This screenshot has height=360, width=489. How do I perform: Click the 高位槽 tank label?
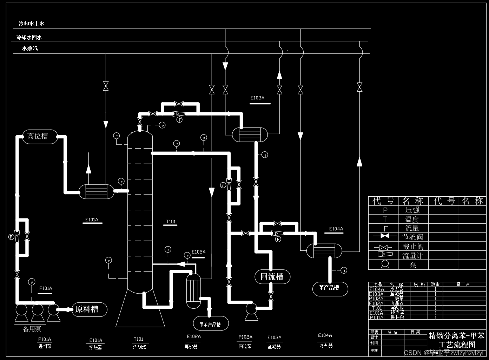[x=38, y=136]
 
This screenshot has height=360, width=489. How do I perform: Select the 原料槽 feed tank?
[x=87, y=309]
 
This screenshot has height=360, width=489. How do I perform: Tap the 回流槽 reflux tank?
[x=271, y=277]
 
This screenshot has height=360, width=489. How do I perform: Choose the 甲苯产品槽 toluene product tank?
[x=210, y=324]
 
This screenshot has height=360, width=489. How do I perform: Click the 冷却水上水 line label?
[x=31, y=24]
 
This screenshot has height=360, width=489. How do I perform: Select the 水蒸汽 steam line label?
[x=30, y=48]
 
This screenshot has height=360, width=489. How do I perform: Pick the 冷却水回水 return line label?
[x=29, y=37]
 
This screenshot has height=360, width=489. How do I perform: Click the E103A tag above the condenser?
[x=257, y=98]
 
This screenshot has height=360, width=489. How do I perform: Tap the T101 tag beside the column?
[x=171, y=222]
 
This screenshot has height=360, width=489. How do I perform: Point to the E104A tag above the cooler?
[x=336, y=229]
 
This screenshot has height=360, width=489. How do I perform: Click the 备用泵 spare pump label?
[x=32, y=329]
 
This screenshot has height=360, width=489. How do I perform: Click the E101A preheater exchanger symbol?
[x=96, y=191]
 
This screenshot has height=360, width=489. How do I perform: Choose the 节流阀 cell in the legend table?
[x=412, y=237]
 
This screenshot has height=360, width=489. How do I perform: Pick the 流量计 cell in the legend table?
[x=412, y=256]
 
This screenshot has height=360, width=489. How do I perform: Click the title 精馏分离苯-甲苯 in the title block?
[x=456, y=336]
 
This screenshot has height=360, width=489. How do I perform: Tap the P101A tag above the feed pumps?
[x=46, y=288]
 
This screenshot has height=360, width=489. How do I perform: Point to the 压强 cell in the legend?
[x=412, y=210]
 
